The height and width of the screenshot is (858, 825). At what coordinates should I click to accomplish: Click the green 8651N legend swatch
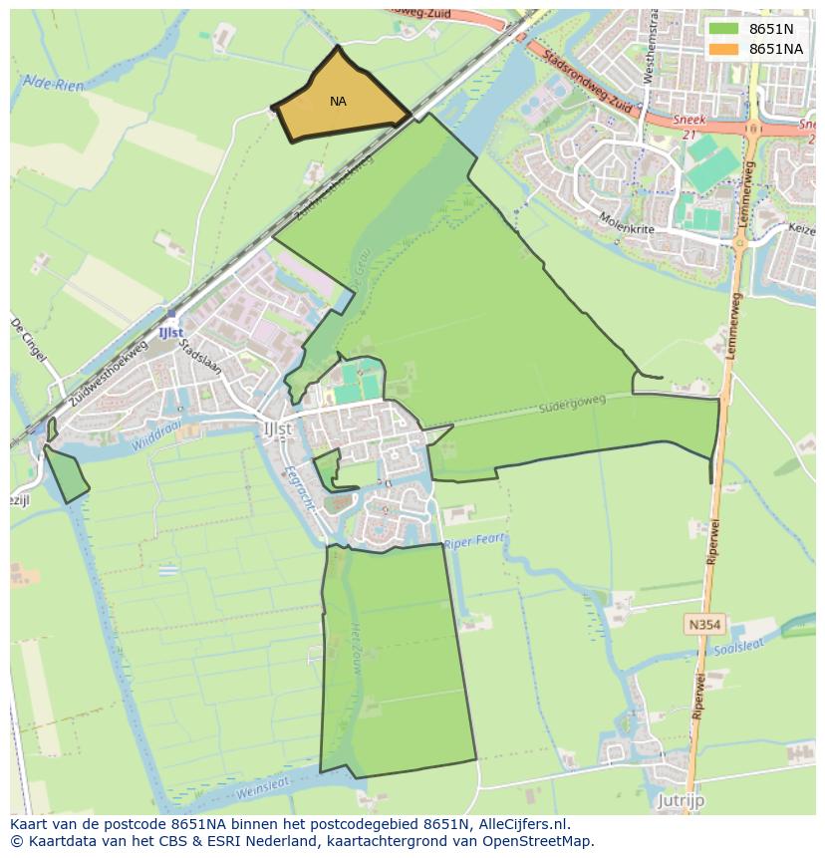tap(723, 29)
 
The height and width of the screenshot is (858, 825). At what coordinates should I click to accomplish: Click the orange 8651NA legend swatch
tap(723, 49)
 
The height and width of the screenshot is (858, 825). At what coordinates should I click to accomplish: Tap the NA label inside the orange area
tap(338, 102)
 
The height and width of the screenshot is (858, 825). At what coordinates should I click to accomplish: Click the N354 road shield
tap(703, 625)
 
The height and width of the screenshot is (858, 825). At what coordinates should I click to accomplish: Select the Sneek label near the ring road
tap(688, 121)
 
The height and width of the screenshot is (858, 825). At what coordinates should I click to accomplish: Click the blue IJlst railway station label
tap(170, 331)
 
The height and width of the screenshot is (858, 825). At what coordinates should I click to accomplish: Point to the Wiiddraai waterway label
tap(161, 436)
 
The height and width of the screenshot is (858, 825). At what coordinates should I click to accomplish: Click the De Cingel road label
tap(29, 342)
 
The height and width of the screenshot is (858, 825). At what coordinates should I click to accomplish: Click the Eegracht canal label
tap(299, 487)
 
